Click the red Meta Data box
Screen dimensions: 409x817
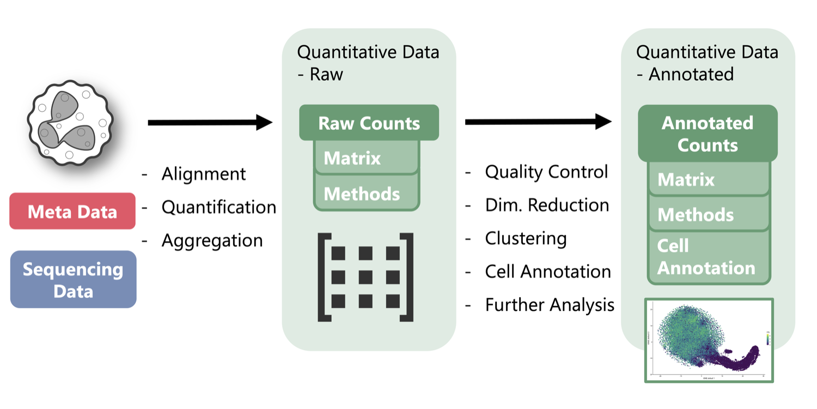tap(72, 211)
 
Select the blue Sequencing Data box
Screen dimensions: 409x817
tap(73, 279)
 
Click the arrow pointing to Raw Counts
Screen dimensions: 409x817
tap(210, 123)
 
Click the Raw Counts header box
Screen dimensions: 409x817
tap(369, 123)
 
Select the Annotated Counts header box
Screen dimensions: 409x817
tap(708, 134)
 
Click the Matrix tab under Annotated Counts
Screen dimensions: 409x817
tap(708, 179)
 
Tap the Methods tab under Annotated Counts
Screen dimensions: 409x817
tap(708, 214)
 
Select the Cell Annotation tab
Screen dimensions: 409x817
tap(708, 257)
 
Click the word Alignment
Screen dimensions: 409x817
tap(204, 174)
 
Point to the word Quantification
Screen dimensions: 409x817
tap(219, 207)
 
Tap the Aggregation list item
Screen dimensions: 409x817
tap(212, 240)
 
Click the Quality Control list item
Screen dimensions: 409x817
tap(546, 172)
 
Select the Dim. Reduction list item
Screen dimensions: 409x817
tap(547, 205)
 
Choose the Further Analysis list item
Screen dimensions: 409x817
tap(550, 305)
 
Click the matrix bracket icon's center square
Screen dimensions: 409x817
tap(365, 277)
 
